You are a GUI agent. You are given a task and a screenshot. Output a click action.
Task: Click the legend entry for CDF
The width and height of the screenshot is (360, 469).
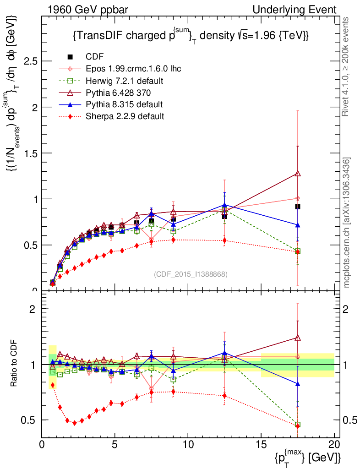point(95,57)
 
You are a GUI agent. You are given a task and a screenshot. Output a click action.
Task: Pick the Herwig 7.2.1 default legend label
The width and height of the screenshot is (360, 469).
point(125,81)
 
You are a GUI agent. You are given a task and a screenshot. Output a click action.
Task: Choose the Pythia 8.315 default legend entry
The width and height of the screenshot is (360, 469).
point(124,104)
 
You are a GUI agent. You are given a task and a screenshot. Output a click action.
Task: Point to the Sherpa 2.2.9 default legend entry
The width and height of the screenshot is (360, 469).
point(125,116)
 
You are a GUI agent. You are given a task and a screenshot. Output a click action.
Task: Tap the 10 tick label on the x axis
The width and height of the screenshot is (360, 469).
point(188,444)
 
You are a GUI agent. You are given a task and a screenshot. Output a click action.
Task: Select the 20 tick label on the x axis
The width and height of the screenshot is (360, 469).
point(334,444)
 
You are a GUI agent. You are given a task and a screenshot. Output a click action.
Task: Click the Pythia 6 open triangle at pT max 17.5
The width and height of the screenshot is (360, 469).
point(298,174)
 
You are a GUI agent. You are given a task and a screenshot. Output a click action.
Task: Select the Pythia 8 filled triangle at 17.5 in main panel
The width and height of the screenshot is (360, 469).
point(298,225)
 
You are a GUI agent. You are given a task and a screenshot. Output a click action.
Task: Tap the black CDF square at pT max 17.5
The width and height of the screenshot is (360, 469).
point(298,207)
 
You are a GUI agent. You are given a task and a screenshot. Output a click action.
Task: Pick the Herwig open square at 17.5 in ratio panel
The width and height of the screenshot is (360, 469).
point(298,425)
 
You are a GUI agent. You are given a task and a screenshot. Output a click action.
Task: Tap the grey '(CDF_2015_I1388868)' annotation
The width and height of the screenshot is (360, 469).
point(191,274)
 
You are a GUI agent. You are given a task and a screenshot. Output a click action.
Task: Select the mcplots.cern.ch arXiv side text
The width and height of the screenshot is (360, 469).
point(347,223)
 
